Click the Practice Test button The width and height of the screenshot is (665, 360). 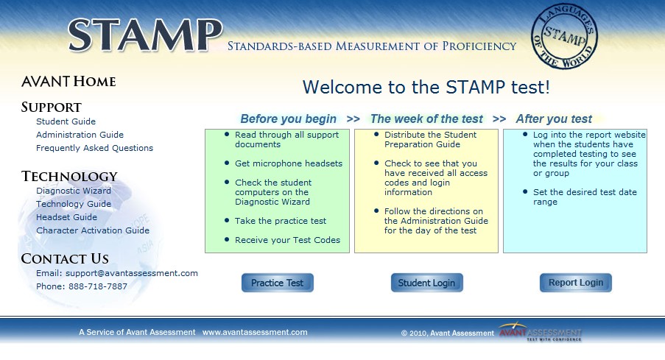(278, 283)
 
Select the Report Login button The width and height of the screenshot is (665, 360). (575, 283)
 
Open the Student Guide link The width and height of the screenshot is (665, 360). (66, 121)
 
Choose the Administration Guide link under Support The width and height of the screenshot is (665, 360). (80, 135)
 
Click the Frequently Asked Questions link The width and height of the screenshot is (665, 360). (94, 148)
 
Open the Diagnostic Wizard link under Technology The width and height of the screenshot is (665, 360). (74, 191)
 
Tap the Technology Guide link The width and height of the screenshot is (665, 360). (74, 204)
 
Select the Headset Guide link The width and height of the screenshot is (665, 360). (66, 217)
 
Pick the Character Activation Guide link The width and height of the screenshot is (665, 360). (93, 230)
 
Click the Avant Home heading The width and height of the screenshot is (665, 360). (68, 82)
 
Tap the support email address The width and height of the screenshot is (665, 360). (132, 273)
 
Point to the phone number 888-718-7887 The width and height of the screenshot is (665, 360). (97, 286)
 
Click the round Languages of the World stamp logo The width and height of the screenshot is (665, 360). (564, 36)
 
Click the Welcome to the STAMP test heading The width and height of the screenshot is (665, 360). (426, 88)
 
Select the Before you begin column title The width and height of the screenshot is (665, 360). (289, 119)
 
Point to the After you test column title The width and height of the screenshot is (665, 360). (554, 119)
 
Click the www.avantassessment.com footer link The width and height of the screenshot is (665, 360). (255, 333)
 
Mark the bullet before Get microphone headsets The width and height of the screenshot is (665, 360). (227, 163)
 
